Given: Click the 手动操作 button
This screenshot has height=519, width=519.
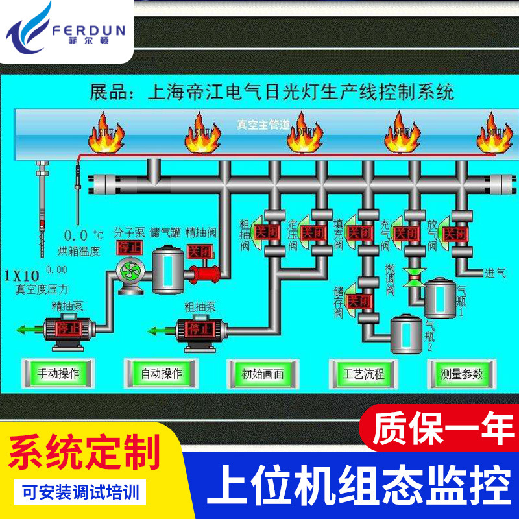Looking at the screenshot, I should click(x=58, y=374).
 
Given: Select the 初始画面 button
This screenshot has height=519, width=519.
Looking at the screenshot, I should click(x=263, y=374).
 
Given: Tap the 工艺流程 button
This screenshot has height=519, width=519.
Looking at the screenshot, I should click(x=364, y=374).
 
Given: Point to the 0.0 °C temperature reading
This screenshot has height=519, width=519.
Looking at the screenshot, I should click(x=82, y=234).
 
